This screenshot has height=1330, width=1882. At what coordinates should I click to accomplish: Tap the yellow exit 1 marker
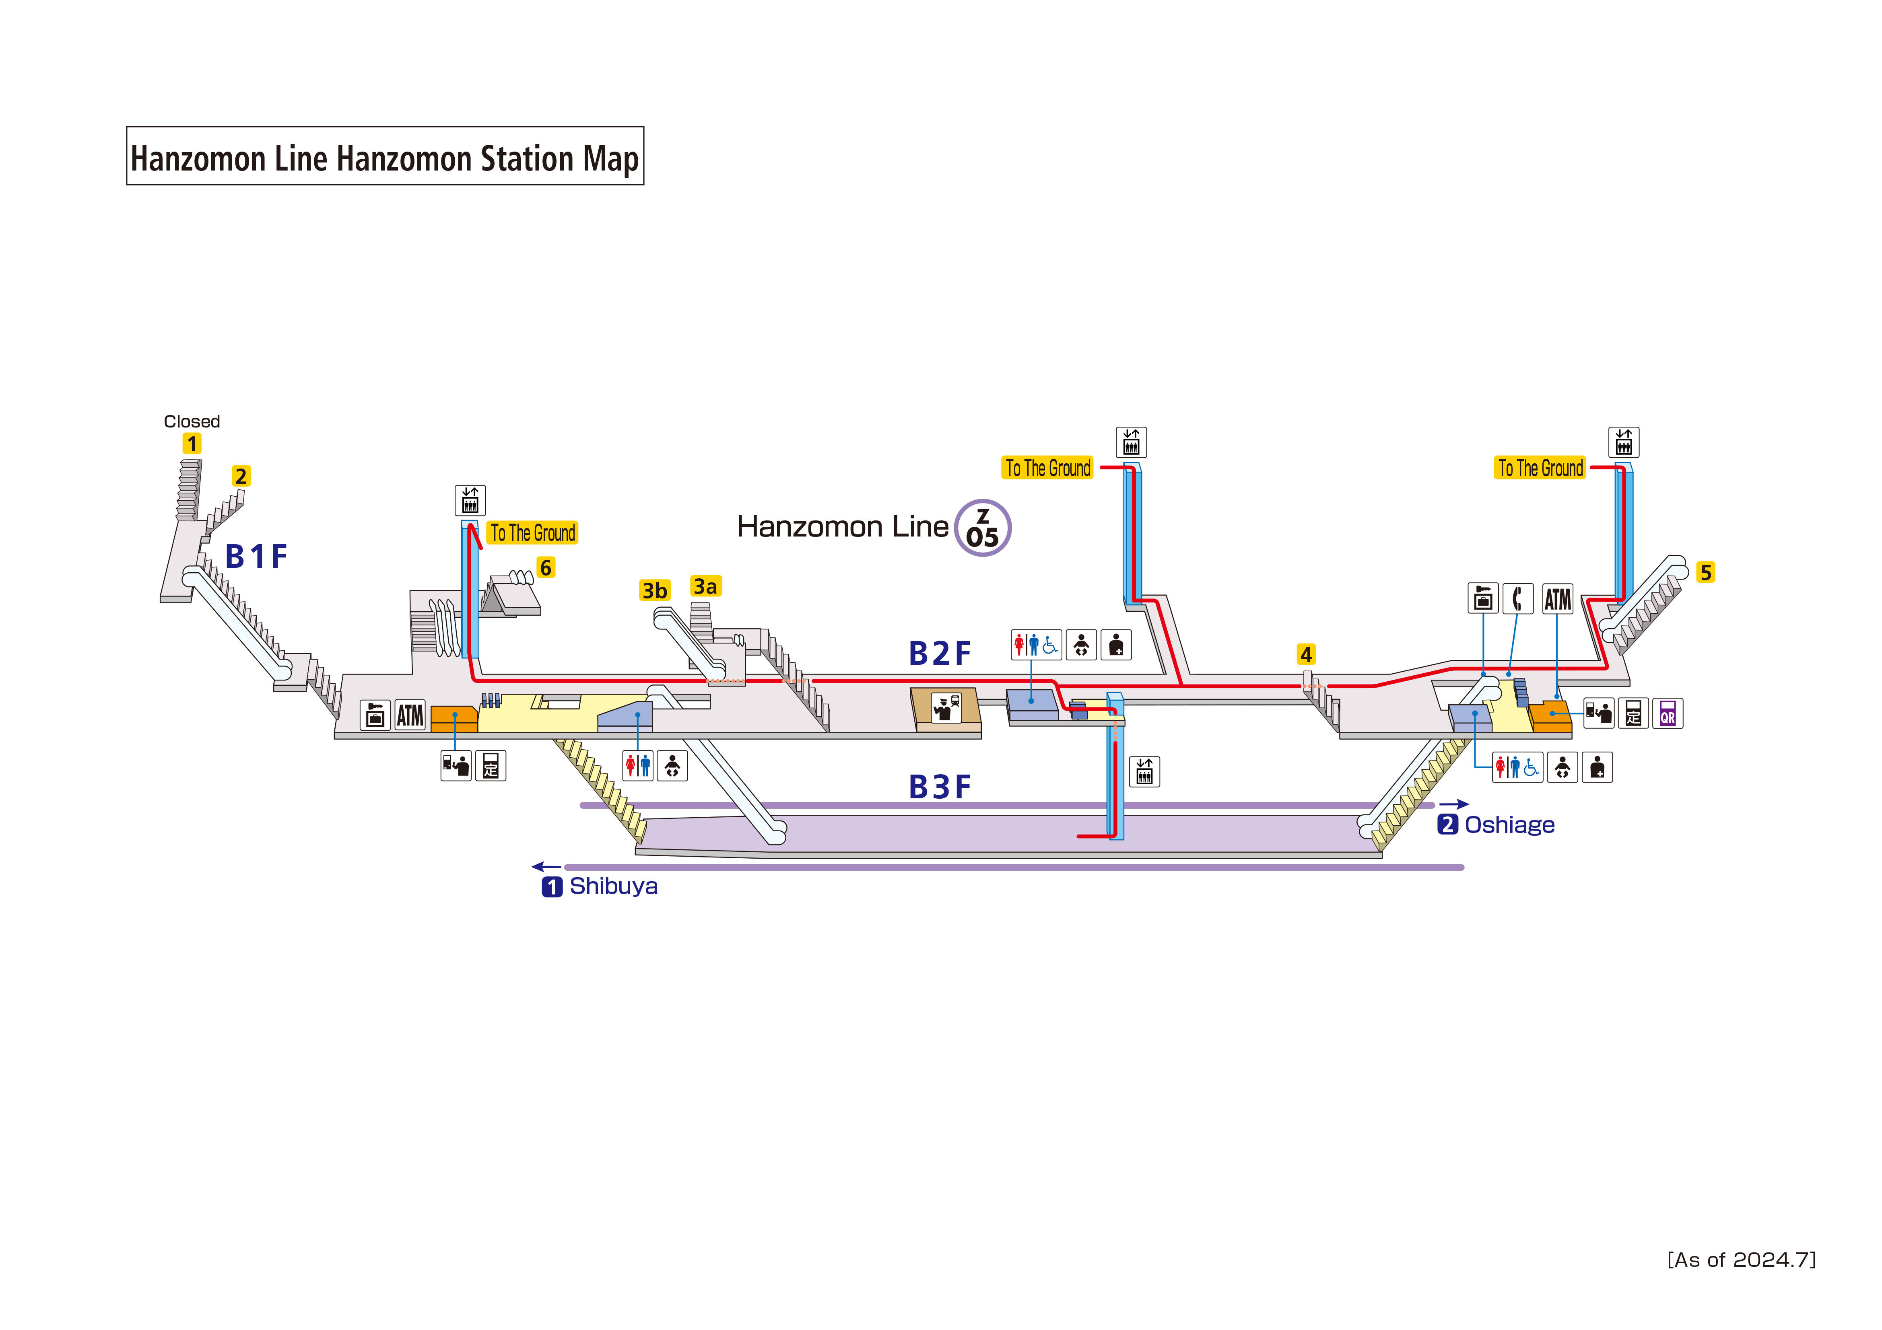tap(192, 444)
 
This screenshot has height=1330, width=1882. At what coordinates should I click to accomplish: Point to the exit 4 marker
tap(1307, 655)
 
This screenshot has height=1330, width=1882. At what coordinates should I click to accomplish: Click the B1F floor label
tap(256, 557)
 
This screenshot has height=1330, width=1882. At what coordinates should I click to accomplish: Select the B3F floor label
tap(939, 787)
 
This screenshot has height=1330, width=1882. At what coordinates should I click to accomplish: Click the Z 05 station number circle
tap(983, 528)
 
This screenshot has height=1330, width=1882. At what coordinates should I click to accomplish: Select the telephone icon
tap(1517, 599)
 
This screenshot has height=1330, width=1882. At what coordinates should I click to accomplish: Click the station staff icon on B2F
tap(946, 707)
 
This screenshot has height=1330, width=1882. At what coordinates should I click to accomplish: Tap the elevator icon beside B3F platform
tap(1144, 771)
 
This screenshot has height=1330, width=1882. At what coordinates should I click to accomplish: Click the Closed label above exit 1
tap(192, 421)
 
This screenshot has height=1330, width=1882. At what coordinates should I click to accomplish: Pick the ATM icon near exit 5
tap(1557, 599)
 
